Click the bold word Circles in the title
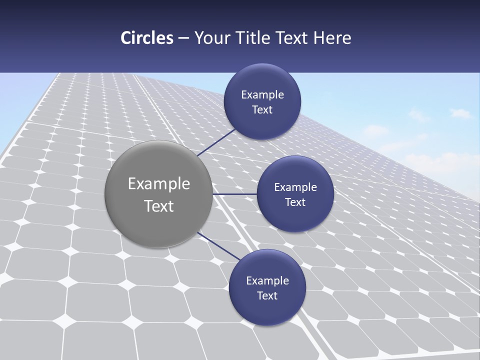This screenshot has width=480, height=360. (x=146, y=38)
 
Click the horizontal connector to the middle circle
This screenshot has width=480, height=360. (x=235, y=194)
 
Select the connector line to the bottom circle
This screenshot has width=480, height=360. (x=218, y=246)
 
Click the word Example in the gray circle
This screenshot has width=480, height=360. (x=159, y=184)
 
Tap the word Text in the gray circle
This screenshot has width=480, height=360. (x=159, y=206)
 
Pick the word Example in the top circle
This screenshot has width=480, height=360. (x=262, y=95)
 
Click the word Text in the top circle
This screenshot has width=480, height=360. (x=262, y=110)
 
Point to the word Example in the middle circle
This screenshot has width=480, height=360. (x=295, y=187)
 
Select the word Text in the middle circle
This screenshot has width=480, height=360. (x=295, y=202)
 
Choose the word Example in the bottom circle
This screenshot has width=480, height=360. (x=267, y=281)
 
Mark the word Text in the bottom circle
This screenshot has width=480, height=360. (x=267, y=296)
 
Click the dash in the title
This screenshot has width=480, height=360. (x=183, y=38)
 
